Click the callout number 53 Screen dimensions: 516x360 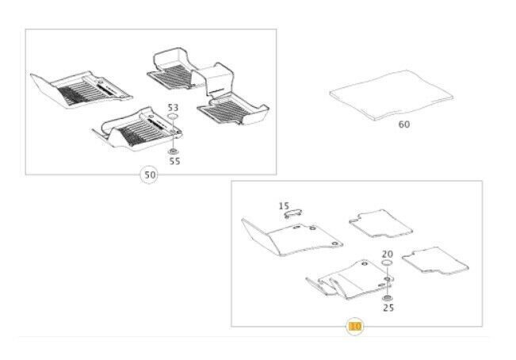(x=173, y=108)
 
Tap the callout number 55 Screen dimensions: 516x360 (x=174, y=161)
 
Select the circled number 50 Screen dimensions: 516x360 (x=150, y=174)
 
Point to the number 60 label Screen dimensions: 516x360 (x=404, y=124)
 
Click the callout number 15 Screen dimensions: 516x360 (x=284, y=206)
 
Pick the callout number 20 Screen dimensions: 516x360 (x=388, y=254)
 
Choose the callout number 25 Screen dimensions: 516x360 (x=388, y=308)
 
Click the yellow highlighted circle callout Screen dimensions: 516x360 (x=355, y=327)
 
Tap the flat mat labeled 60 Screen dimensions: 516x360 (x=392, y=95)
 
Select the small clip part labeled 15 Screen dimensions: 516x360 (x=293, y=213)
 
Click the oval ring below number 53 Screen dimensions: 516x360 (x=173, y=116)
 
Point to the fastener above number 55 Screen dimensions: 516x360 (x=173, y=151)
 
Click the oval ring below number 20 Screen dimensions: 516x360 (x=387, y=262)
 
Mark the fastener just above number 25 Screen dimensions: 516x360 (x=387, y=298)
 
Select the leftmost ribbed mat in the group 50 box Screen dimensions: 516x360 (x=81, y=89)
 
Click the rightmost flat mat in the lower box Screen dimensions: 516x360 (x=435, y=261)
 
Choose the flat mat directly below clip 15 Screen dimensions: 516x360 (x=292, y=238)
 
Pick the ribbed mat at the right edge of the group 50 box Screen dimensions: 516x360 (x=233, y=109)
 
